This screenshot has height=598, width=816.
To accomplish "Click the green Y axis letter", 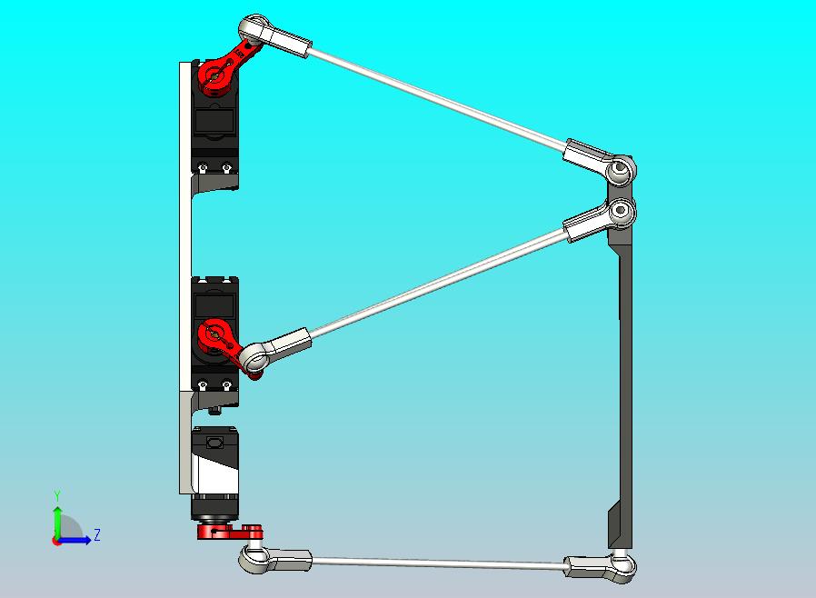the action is (x=57, y=495).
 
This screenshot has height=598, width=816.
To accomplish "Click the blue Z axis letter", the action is (x=97, y=534).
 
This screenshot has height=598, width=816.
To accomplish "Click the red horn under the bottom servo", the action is (x=230, y=532).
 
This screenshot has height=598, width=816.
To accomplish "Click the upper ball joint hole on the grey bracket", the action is (x=621, y=169).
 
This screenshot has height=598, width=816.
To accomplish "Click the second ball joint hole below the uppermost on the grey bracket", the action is (x=621, y=212).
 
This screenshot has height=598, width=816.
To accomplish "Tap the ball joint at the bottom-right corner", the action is (x=622, y=567).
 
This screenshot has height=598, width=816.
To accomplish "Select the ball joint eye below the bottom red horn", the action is (x=254, y=559).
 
